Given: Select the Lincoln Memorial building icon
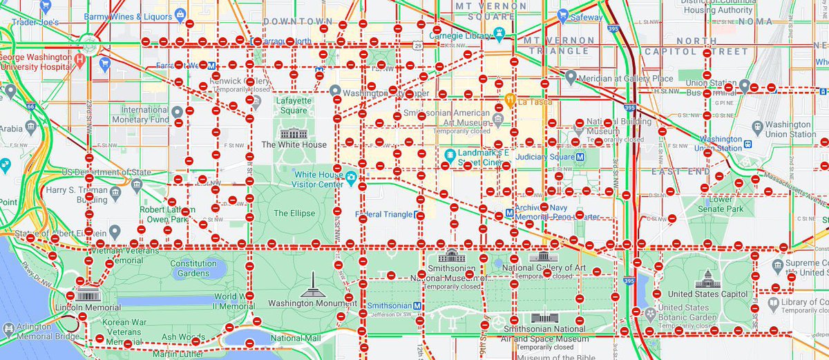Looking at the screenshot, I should click(x=86, y=295).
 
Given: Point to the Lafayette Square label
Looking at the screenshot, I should click(x=292, y=105).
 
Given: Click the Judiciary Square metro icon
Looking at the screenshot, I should click(x=580, y=155).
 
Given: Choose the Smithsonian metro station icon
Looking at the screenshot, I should click(x=418, y=305).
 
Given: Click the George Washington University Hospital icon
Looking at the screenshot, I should click(x=80, y=59).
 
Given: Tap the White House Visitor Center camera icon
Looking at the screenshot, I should click(x=351, y=178).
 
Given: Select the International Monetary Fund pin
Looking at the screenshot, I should click(x=178, y=111).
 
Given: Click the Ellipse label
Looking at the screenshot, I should click(x=294, y=213).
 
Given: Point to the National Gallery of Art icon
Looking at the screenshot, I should click(x=538, y=256).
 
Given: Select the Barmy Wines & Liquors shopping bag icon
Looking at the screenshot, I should click(x=180, y=13).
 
